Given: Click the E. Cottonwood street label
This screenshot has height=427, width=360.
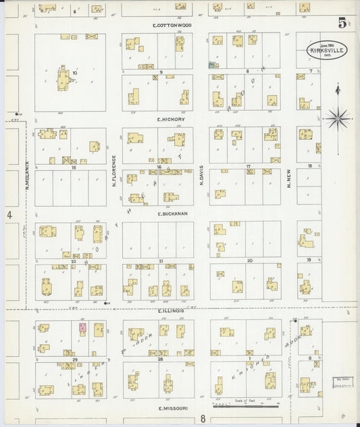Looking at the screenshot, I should click(x=172, y=25).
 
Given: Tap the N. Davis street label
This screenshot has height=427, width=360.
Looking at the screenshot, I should click(x=201, y=171).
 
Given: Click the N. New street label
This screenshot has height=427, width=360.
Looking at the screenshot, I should click(x=288, y=177).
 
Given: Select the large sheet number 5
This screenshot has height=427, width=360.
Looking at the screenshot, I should click(x=342, y=23).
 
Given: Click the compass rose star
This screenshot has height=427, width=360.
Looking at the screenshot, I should click(x=337, y=118).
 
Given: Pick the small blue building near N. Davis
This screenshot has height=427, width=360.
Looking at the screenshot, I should click(x=213, y=66).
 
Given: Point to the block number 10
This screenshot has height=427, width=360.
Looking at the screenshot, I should click(x=76, y=72).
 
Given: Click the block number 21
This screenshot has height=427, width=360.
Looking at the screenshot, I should click(x=161, y=260).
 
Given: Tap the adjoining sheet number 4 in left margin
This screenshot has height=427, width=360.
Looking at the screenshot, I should click(x=10, y=215).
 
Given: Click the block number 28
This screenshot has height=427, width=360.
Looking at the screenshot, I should click(x=161, y=360).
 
